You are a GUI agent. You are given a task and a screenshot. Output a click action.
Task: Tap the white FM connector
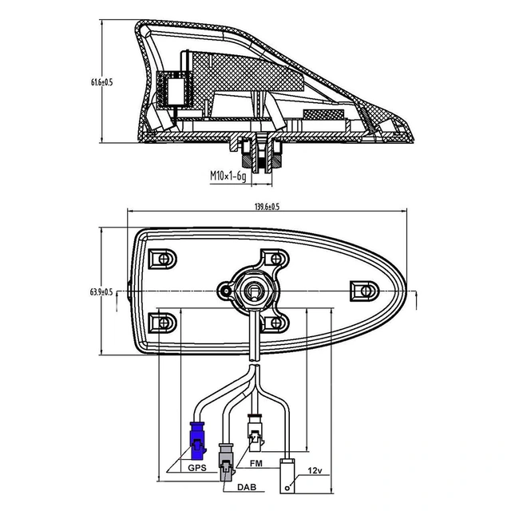[x=254, y=434]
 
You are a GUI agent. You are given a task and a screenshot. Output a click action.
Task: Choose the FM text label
[x=257, y=462]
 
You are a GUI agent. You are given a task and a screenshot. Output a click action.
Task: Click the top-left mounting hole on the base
[x=164, y=258]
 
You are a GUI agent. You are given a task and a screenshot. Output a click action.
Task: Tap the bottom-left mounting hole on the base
[x=164, y=323]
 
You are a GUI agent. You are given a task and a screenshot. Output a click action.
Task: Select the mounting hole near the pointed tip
[x=365, y=289]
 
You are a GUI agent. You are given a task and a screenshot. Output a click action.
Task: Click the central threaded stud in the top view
[x=253, y=291]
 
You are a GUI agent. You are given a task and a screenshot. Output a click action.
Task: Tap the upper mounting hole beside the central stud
[x=279, y=259]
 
